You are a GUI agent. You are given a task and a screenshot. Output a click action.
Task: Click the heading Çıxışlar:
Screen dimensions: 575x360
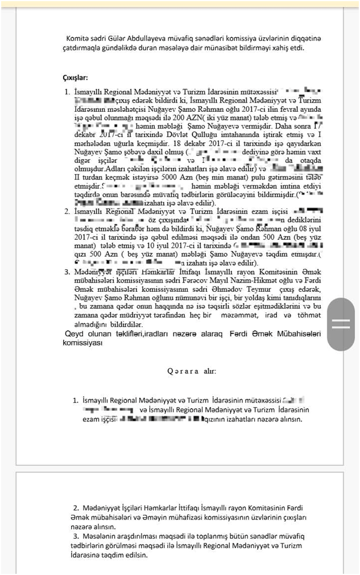75,77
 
